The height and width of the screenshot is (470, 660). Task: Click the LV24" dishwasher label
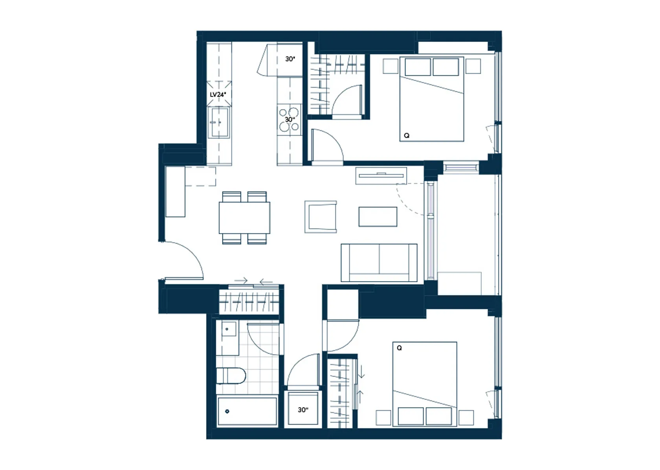(218, 95)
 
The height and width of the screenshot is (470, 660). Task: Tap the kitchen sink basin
(218, 122)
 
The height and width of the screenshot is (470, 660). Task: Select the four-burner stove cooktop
(289, 119)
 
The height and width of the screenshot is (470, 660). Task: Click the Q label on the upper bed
(407, 135)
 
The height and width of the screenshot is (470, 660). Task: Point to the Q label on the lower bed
(399, 348)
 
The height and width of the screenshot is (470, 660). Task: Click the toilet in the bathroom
(231, 375)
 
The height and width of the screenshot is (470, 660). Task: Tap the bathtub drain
(227, 411)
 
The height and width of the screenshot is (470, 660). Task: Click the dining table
(244, 218)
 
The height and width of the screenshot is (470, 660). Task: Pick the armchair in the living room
(321, 217)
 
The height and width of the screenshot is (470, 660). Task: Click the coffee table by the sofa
(378, 217)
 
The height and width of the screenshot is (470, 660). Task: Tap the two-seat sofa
(379, 263)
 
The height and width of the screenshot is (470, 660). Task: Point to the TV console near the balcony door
(381, 176)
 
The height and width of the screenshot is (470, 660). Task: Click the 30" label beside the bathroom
(303, 410)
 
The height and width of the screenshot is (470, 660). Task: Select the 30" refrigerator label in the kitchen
(290, 59)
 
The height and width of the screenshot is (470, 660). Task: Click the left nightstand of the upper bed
(390, 66)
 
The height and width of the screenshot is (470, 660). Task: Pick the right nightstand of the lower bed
(466, 418)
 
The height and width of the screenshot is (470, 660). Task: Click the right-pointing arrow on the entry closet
(241, 280)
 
